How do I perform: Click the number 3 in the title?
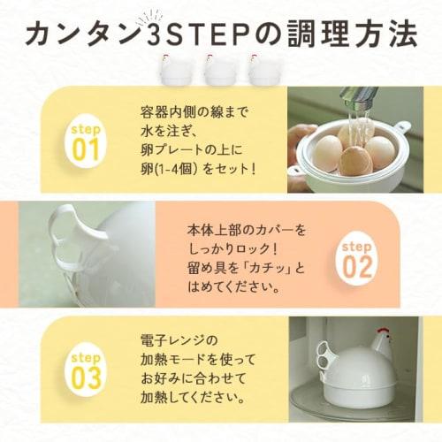157,33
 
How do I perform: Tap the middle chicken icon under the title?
216,70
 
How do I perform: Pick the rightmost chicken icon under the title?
261,70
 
